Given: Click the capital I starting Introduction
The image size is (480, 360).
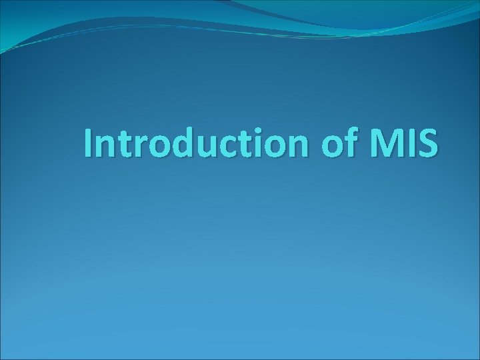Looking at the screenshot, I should pos(89,144).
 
